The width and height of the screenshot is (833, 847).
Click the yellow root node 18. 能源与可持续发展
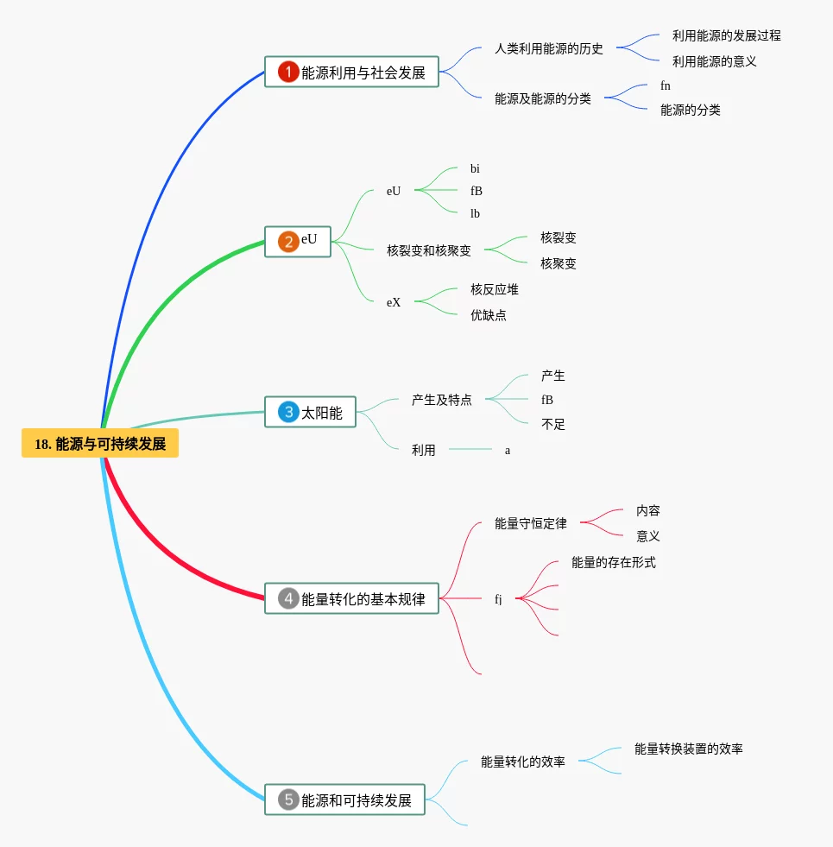coord(100,444)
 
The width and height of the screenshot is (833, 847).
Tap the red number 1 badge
coord(288,73)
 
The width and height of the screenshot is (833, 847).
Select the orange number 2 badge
coord(288,242)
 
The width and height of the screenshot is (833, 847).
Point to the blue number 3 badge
coord(288,413)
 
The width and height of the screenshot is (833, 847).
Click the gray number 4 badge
coord(288,598)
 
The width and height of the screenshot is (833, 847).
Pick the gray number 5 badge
coord(288,800)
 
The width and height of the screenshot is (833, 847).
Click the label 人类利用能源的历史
coord(548,49)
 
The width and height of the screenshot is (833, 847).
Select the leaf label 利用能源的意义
coord(714,62)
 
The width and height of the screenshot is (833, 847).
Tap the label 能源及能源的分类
coord(542,99)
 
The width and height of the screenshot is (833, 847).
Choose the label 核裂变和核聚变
coord(429,251)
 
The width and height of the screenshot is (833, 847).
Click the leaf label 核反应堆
coord(494,289)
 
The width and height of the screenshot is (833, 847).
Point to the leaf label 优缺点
coord(488,316)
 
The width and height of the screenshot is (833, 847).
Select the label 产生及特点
coord(441,401)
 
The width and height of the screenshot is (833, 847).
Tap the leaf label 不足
coord(552,425)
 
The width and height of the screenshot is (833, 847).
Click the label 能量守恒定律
coord(530,524)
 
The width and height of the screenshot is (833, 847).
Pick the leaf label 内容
coord(647,511)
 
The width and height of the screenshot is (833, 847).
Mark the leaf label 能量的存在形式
coord(613,563)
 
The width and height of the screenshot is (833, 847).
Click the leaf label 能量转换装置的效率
coord(688,749)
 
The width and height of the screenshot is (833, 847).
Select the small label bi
coord(475,169)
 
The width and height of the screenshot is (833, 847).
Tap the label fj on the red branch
coord(498,599)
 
